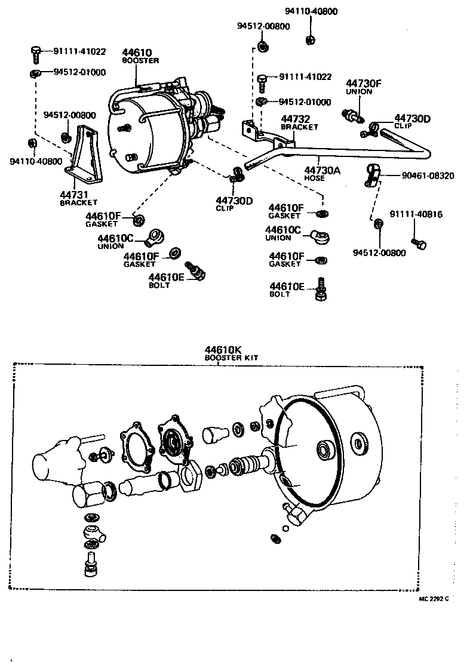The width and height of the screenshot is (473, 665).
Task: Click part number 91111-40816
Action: (x=416, y=214)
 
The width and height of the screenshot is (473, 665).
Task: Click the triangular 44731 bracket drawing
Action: (x=84, y=156)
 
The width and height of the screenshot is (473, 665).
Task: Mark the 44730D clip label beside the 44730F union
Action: (x=412, y=119)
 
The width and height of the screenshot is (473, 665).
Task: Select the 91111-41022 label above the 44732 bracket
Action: (x=302, y=77)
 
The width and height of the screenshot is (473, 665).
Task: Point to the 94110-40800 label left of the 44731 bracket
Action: (x=35, y=161)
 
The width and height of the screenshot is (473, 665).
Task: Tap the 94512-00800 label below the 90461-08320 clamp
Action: (x=379, y=253)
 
